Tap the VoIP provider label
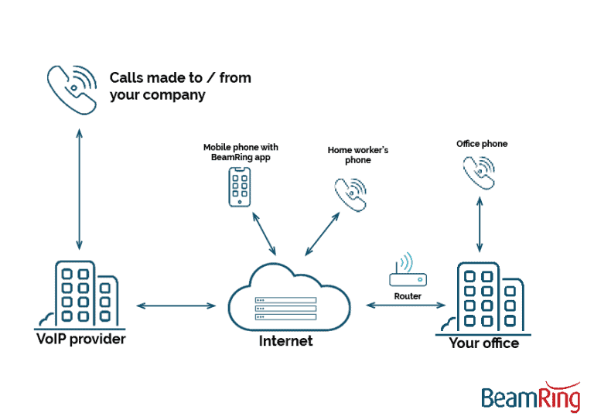tap(80, 340)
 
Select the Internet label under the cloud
tap(285, 340)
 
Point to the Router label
tap(407, 296)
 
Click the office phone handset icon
tap(480, 172)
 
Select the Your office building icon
tap(484, 298)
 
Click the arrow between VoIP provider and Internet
tap(176, 306)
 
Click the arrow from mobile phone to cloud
tap(264, 234)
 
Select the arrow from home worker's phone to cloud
tap(322, 233)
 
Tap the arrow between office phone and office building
tap(480, 224)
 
